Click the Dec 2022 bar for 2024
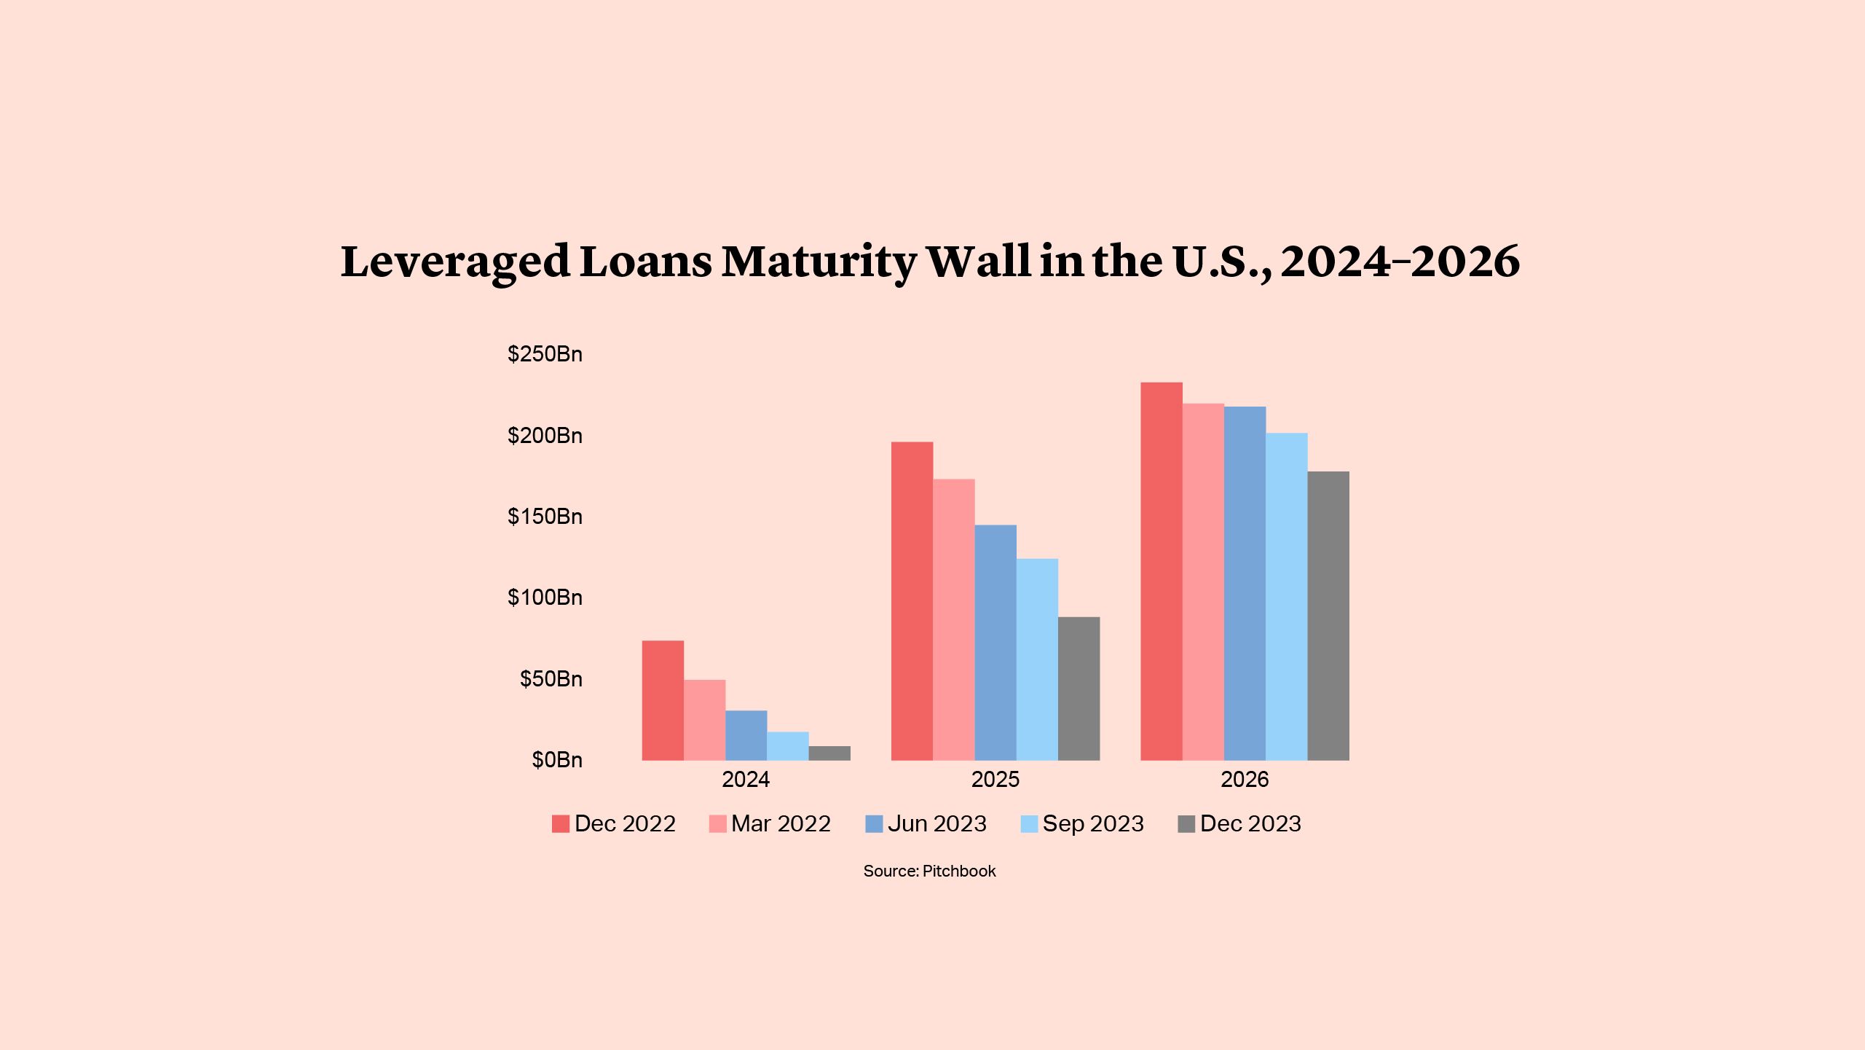[x=663, y=700]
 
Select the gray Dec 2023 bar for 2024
[x=829, y=753]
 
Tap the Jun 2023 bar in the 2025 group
[x=995, y=643]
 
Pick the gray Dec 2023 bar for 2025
[x=1079, y=689]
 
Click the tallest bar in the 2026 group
[x=1162, y=571]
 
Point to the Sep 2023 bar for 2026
[x=1286, y=597]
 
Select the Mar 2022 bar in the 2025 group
[x=954, y=619]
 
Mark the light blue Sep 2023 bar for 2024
[x=788, y=746]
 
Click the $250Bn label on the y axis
[x=545, y=354]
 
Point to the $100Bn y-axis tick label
[x=545, y=598]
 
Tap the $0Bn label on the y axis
[x=557, y=760]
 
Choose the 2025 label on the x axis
[x=995, y=780]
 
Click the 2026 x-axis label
[x=1245, y=780]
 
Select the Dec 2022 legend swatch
[x=561, y=824]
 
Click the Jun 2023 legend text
[x=937, y=824]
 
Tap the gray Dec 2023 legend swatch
[x=1186, y=824]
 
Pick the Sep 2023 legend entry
[x=1092, y=824]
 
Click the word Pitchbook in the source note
[x=958, y=871]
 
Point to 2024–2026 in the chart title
[x=1400, y=262]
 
